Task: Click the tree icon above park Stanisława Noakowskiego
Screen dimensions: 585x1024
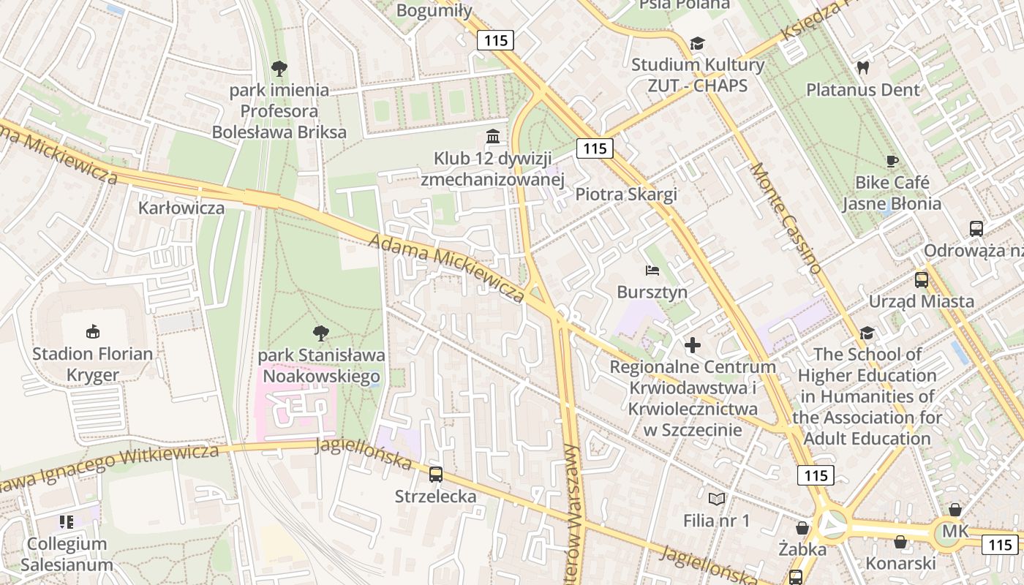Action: tap(320, 333)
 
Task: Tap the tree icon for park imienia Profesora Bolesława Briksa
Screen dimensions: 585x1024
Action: tap(279, 69)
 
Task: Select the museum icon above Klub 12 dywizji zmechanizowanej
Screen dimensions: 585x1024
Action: tap(493, 137)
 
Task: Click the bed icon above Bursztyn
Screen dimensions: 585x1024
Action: tap(652, 271)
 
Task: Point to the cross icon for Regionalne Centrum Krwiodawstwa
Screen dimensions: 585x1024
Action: tap(692, 344)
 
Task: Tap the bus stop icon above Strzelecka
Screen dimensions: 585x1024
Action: tap(436, 474)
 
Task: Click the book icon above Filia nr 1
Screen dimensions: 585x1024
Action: tap(717, 499)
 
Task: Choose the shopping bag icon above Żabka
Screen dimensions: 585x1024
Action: tap(802, 527)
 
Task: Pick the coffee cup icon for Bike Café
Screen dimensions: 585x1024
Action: tap(891, 161)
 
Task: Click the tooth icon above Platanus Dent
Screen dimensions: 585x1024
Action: tap(863, 68)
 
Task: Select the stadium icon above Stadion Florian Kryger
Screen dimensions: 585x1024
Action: tap(92, 332)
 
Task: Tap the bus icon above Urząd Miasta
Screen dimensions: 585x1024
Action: tap(921, 279)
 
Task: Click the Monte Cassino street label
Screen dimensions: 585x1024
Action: tap(786, 218)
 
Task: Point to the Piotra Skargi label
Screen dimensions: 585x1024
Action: tap(626, 195)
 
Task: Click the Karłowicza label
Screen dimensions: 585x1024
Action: tap(181, 208)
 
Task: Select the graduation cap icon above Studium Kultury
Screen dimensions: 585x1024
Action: tap(697, 43)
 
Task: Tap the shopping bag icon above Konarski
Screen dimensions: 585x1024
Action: tap(900, 541)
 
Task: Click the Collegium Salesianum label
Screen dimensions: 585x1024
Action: tap(67, 554)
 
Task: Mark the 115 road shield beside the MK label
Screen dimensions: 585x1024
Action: tap(998, 544)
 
